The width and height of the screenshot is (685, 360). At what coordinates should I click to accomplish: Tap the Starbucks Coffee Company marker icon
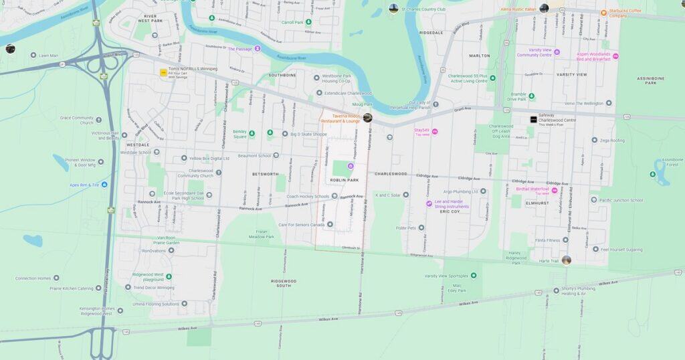pos(604,12)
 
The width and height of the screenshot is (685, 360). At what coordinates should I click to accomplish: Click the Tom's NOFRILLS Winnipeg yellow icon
pos(163,72)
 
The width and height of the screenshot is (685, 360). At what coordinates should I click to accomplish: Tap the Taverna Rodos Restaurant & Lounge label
pos(341,118)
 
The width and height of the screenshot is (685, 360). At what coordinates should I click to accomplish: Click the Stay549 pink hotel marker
pos(435,131)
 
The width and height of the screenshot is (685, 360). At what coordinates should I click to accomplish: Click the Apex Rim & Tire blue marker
pos(104,185)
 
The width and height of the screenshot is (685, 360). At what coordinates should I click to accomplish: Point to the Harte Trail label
pos(548,261)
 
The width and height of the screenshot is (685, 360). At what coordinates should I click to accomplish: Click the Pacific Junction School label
pos(622,200)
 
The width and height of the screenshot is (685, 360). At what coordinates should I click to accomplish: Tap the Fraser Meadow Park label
pos(262,234)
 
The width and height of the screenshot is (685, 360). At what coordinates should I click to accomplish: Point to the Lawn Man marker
pos(33,56)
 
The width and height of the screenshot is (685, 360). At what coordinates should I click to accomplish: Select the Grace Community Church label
pos(77,120)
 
